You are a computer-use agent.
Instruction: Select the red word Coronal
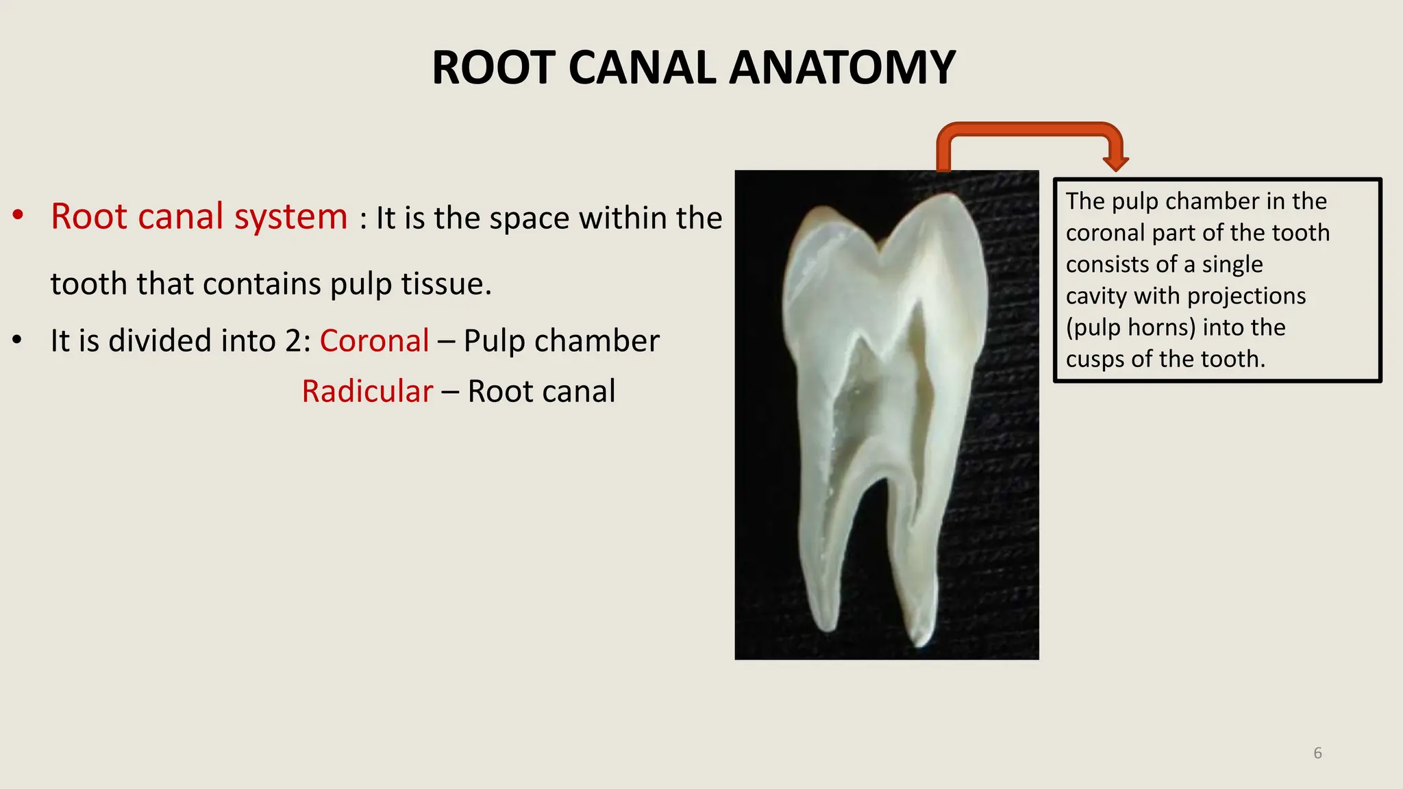coord(374,340)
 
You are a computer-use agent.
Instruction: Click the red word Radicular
coord(367,391)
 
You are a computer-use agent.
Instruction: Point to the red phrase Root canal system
coord(199,216)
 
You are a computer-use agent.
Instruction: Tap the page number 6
coord(1317,753)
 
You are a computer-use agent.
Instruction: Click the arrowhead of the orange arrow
coord(1115,163)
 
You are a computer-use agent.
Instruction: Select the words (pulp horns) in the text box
coord(1130,327)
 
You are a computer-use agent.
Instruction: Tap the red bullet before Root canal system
coord(18,215)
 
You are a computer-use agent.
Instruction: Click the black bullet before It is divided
coord(18,340)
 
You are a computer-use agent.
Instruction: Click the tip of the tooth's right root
coord(921,640)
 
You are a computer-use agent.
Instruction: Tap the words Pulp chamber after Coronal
coord(561,340)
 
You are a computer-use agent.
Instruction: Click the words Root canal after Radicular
coord(541,391)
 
